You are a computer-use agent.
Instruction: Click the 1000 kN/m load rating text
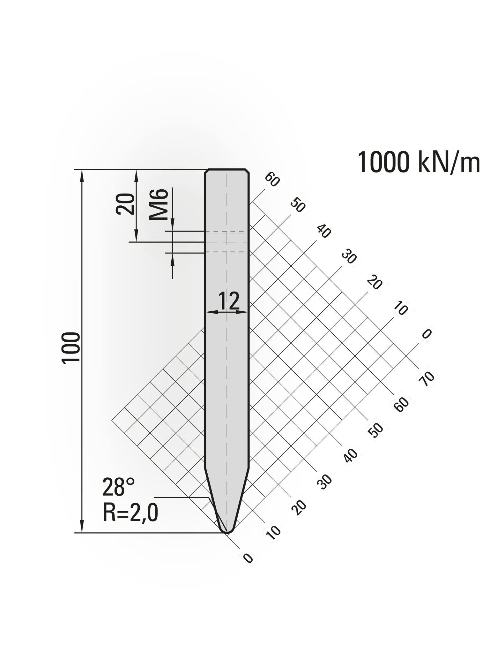(419, 163)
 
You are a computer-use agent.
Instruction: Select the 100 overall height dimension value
(71, 347)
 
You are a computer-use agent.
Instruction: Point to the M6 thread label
(159, 204)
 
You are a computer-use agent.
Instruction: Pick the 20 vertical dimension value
(125, 204)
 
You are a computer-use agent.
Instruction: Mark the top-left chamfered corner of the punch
(206, 171)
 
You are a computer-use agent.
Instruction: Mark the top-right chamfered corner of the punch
(247, 171)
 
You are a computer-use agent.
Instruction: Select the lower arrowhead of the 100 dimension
(82, 527)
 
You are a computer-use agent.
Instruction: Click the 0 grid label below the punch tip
(248, 558)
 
